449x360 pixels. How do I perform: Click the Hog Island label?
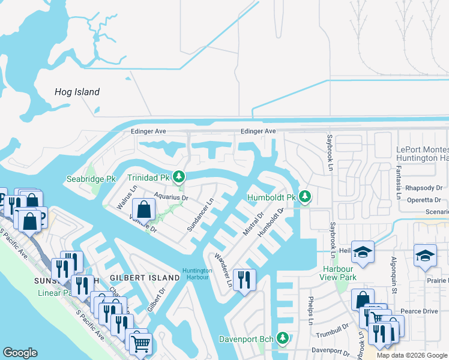click(x=77, y=92)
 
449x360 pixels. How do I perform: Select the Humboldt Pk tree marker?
click(x=304, y=196)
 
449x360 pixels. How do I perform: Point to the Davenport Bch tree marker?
click(x=282, y=339)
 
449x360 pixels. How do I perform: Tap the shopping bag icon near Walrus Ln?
click(x=143, y=210)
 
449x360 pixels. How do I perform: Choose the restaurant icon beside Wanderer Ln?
click(x=244, y=279)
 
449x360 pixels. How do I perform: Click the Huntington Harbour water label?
click(x=197, y=274)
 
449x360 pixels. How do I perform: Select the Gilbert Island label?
click(x=145, y=278)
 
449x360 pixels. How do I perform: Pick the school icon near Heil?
click(x=363, y=252)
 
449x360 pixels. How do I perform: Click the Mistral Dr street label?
click(x=253, y=223)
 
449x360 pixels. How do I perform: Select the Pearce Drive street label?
click(x=420, y=311)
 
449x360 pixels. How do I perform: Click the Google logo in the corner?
click(x=20, y=352)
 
